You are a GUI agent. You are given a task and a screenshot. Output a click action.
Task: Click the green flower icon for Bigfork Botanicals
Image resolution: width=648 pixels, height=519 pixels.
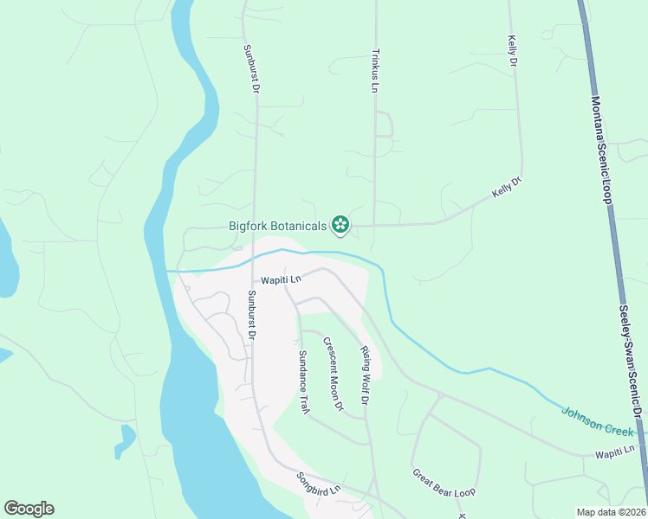340,226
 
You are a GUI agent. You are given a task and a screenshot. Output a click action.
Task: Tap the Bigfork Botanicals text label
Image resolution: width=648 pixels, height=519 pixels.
277,227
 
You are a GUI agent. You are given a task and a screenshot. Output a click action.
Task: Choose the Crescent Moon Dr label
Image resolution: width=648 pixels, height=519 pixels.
334,373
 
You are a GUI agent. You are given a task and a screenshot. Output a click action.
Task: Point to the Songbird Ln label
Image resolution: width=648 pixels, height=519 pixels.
319,484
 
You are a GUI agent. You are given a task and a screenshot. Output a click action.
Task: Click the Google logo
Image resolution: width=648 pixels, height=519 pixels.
29,509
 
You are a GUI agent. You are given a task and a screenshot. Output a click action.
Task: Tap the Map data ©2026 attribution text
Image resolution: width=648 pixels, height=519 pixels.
610,512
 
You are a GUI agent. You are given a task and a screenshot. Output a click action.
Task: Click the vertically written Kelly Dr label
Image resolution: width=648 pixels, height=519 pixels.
512,52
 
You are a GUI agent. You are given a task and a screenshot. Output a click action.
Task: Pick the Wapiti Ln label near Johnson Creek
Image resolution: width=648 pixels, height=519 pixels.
615,451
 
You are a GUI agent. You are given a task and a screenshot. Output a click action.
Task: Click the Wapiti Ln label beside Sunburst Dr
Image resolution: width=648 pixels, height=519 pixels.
282,279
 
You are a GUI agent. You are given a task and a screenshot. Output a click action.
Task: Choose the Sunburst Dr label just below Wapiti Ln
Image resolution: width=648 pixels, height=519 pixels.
251,313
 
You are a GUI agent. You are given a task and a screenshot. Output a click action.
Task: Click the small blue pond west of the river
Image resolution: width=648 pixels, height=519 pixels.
126,439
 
